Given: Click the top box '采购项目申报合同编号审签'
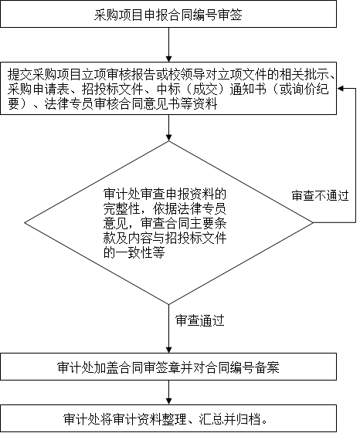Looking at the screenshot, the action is tap(168, 14).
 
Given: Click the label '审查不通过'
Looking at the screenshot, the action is tap(320, 196).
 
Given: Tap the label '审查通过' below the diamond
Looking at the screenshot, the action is tap(199, 320).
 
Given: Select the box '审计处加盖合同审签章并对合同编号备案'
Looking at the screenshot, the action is tap(168, 367).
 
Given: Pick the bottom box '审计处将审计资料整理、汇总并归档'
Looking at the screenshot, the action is tap(168, 418).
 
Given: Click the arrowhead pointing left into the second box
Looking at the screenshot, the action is tap(340, 88).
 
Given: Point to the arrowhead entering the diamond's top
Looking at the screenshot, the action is tap(168, 138).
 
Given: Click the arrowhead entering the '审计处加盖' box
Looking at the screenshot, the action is tap(168, 350).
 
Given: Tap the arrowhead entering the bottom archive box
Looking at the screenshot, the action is tap(168, 401).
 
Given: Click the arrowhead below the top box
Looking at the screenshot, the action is tap(168, 59).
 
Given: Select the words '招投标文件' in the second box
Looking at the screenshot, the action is tap(113, 90).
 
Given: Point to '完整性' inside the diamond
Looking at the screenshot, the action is tap(122, 209).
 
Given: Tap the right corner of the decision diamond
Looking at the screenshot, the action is tap(313, 222).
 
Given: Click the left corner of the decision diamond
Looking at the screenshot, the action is tap(25, 222).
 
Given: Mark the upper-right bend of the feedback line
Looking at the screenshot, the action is tap(355, 88).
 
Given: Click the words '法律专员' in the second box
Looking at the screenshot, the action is tap(69, 104).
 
